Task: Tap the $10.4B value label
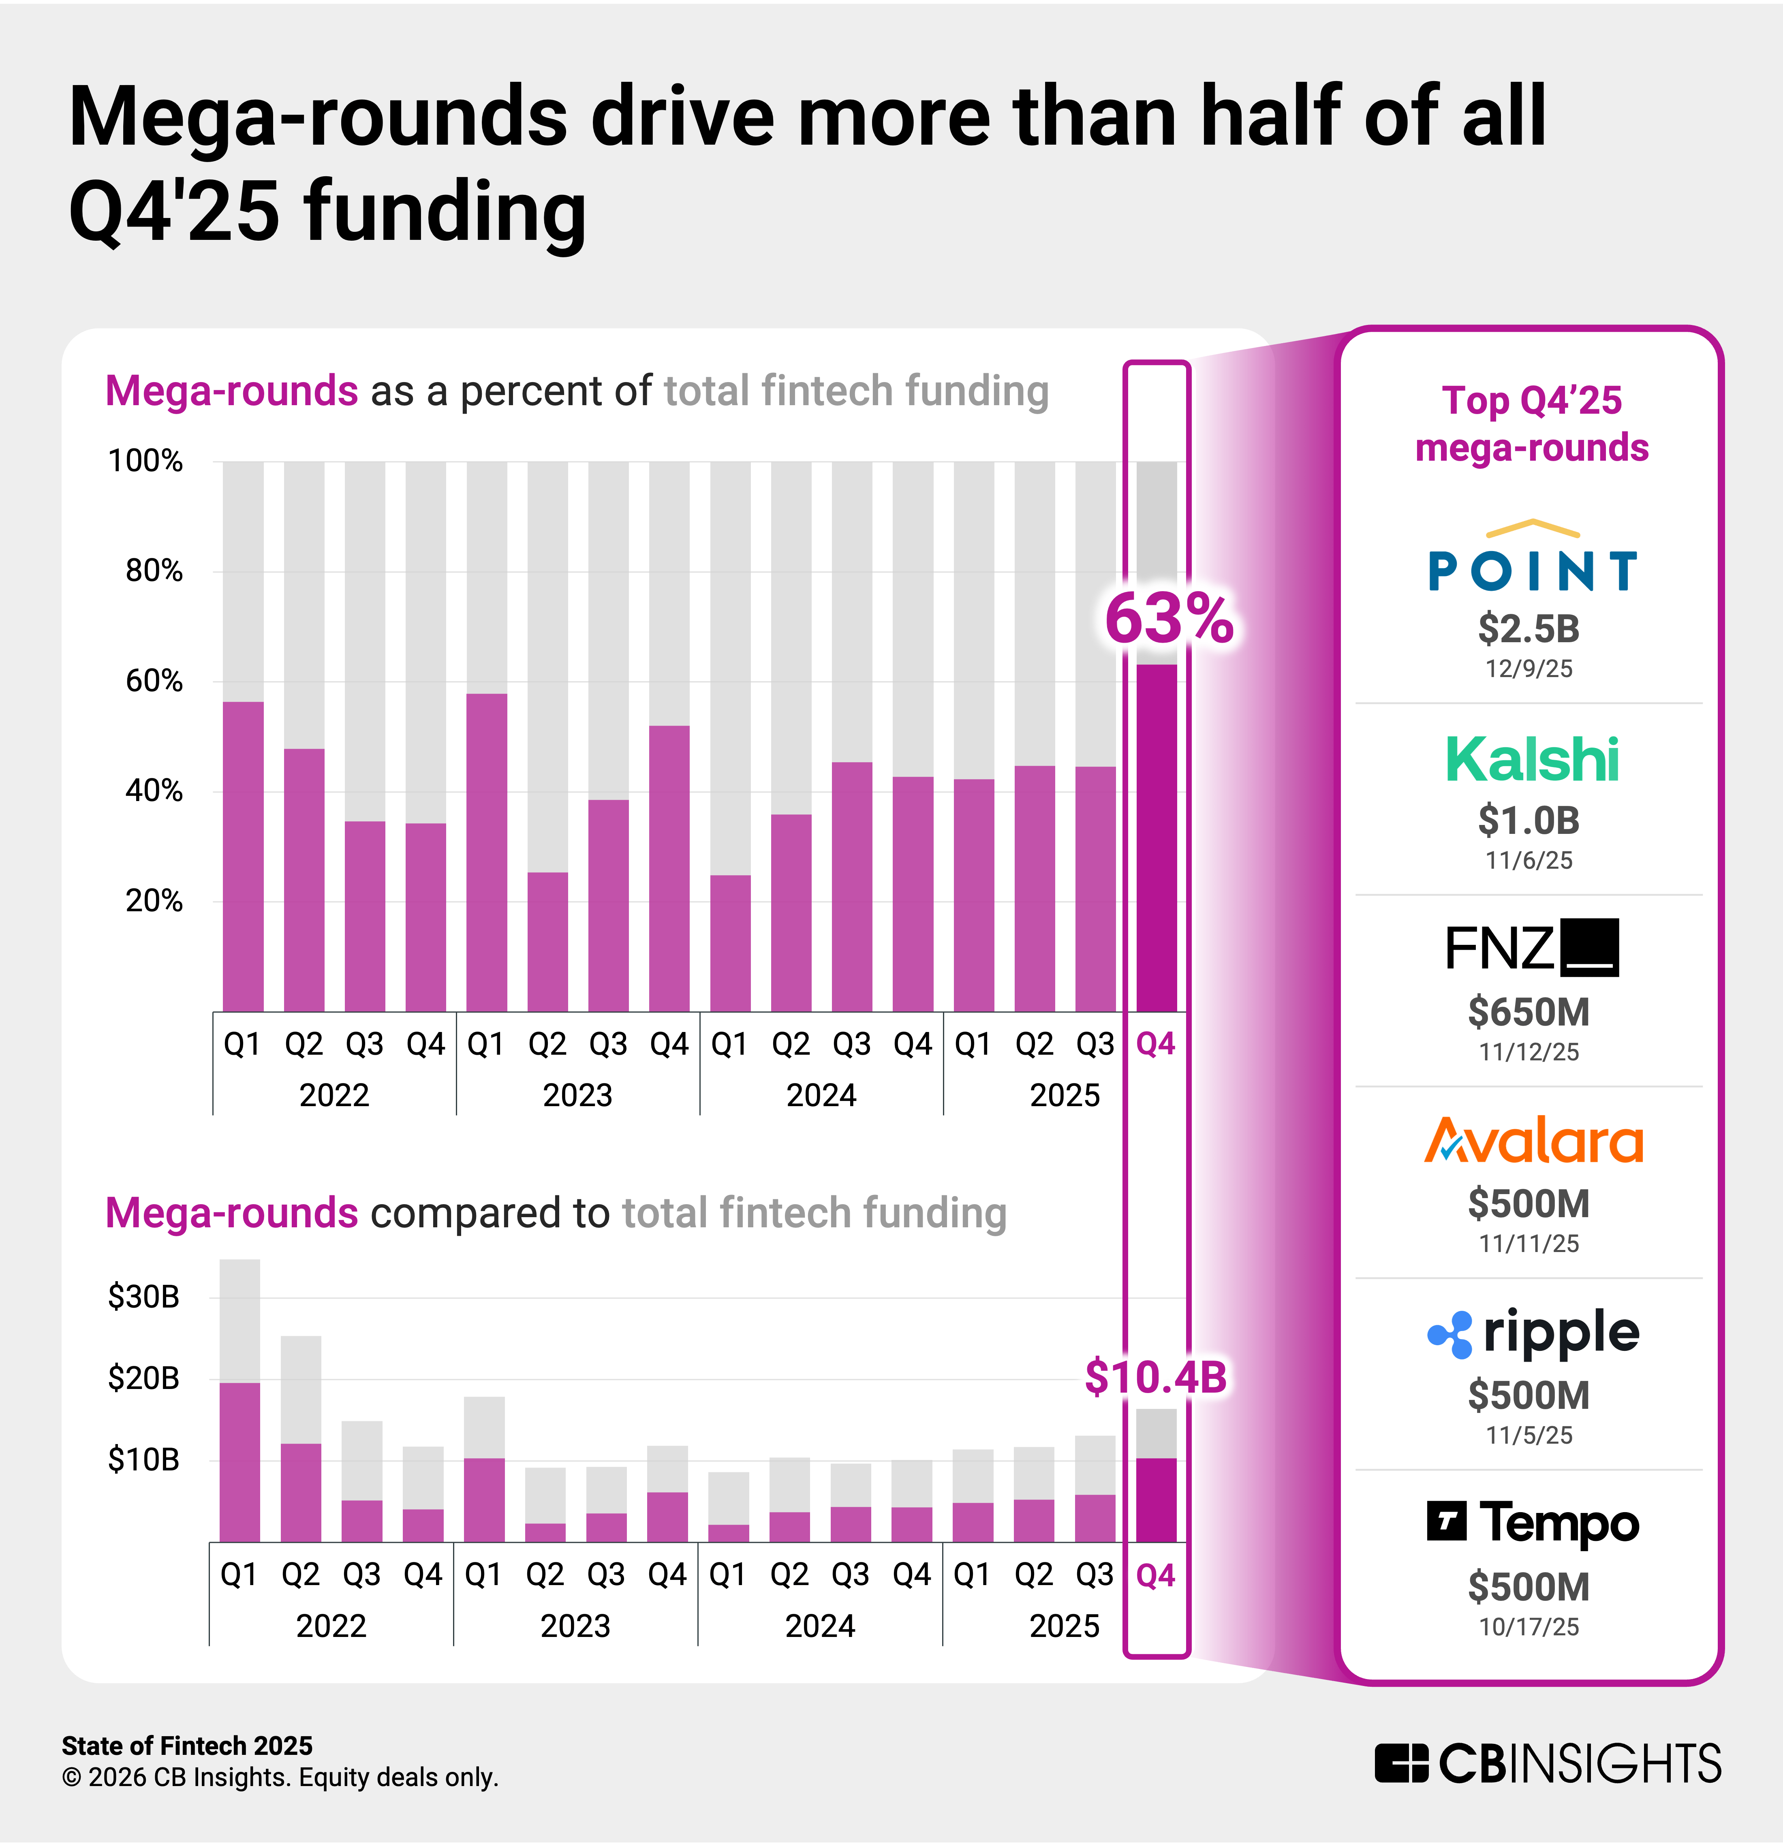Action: pyautogui.click(x=1155, y=1377)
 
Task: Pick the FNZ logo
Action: pyautogui.click(x=1532, y=947)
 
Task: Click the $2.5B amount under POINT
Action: pyautogui.click(x=1529, y=628)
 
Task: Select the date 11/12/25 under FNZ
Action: pyautogui.click(x=1529, y=1052)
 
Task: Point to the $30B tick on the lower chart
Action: pyautogui.click(x=143, y=1297)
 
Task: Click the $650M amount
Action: pyautogui.click(x=1529, y=1012)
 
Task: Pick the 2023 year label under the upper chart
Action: pyautogui.click(x=578, y=1095)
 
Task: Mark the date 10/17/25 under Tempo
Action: pyautogui.click(x=1529, y=1627)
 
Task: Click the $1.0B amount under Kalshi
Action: pyautogui.click(x=1529, y=821)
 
